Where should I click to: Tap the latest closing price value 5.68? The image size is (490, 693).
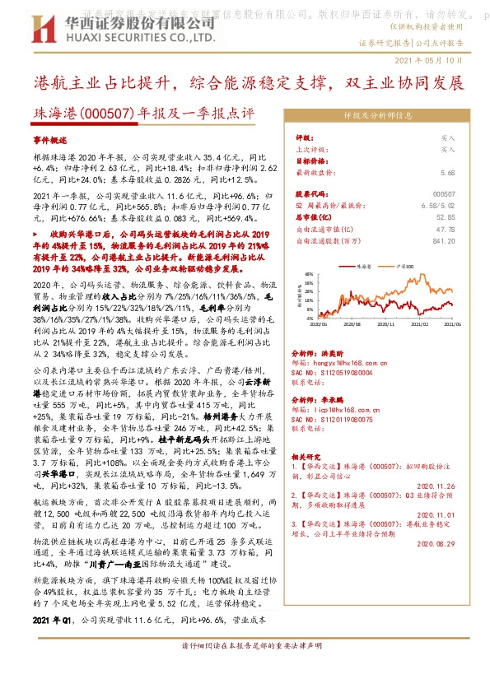click(x=447, y=173)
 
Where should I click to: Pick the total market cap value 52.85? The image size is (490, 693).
click(x=446, y=216)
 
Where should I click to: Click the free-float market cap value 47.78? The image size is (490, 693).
click(x=446, y=229)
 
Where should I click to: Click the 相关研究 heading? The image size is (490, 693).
click(x=309, y=453)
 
